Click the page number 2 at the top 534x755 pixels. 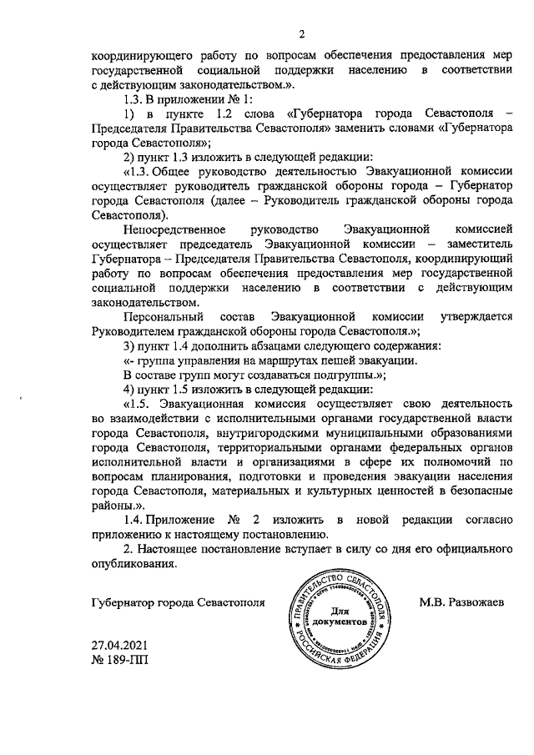[304, 33]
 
